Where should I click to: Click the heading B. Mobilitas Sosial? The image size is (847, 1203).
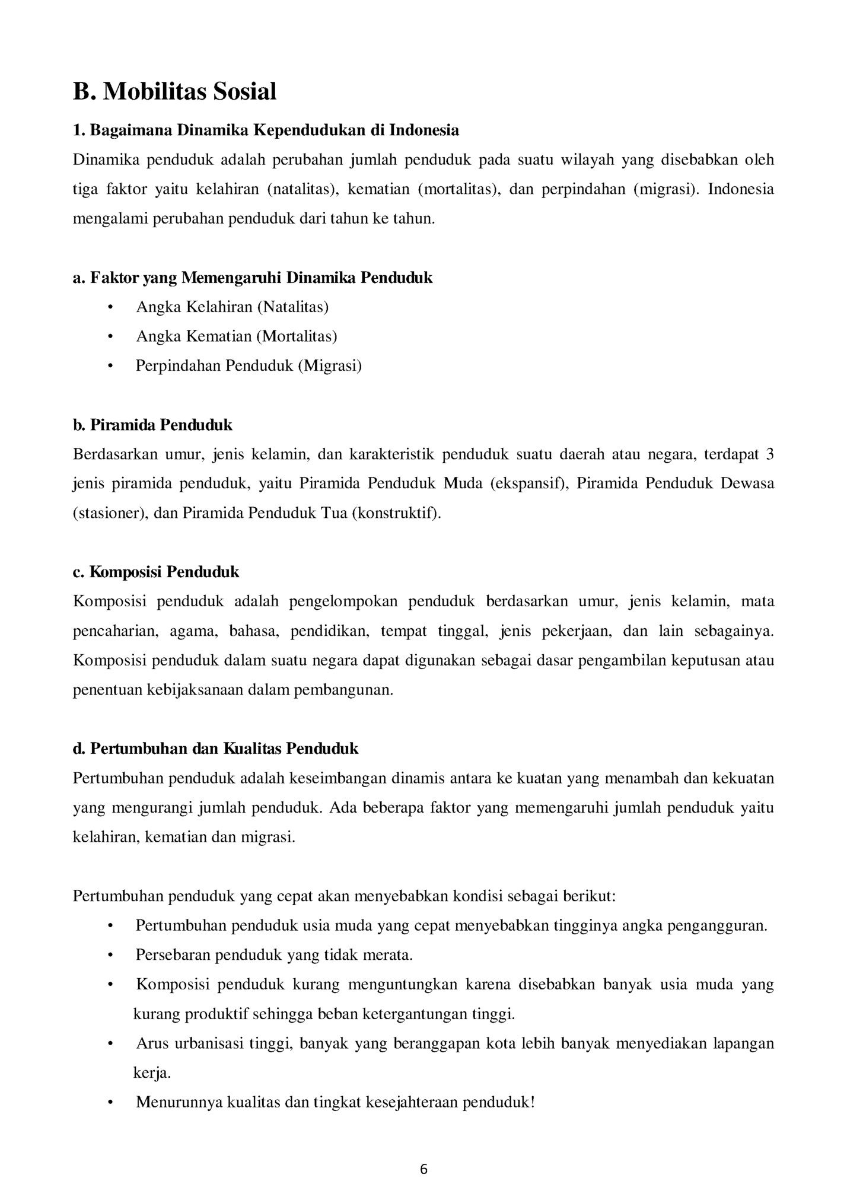click(174, 92)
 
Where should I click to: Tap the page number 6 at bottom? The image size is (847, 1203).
click(423, 1169)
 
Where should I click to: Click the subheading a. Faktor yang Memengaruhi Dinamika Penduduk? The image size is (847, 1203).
click(253, 278)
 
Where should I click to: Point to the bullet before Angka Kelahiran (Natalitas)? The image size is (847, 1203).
click(110, 307)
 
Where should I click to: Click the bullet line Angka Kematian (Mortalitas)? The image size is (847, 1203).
click(237, 336)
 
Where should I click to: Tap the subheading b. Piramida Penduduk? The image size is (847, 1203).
click(152, 425)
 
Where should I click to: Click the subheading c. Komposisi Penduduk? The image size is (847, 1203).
click(156, 572)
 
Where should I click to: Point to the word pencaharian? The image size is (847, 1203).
click(115, 631)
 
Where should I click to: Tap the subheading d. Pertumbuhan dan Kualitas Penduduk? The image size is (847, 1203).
click(215, 749)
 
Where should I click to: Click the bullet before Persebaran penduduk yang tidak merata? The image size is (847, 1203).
click(110, 955)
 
